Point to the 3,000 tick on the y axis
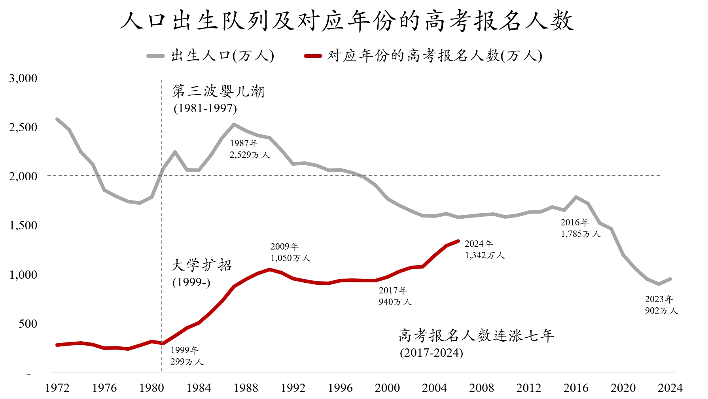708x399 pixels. [x=23, y=78]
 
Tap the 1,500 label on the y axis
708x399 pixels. [x=23, y=225]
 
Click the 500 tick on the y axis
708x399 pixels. [x=28, y=324]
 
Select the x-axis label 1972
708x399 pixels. [x=57, y=388]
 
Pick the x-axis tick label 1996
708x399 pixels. [x=340, y=388]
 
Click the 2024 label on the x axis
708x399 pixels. [x=670, y=388]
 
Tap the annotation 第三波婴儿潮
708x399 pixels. [x=218, y=92]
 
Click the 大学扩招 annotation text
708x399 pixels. [x=202, y=265]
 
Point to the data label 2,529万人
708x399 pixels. [x=250, y=155]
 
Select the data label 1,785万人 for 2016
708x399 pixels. [x=581, y=234]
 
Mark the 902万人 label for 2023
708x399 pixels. [x=661, y=311]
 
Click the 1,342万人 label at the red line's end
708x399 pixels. [x=485, y=255]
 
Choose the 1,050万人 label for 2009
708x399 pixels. [x=290, y=258]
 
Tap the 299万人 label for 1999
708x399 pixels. [x=187, y=362]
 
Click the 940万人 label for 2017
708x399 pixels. [x=395, y=302]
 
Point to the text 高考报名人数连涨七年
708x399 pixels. [x=476, y=336]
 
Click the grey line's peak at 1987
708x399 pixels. [x=234, y=124]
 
